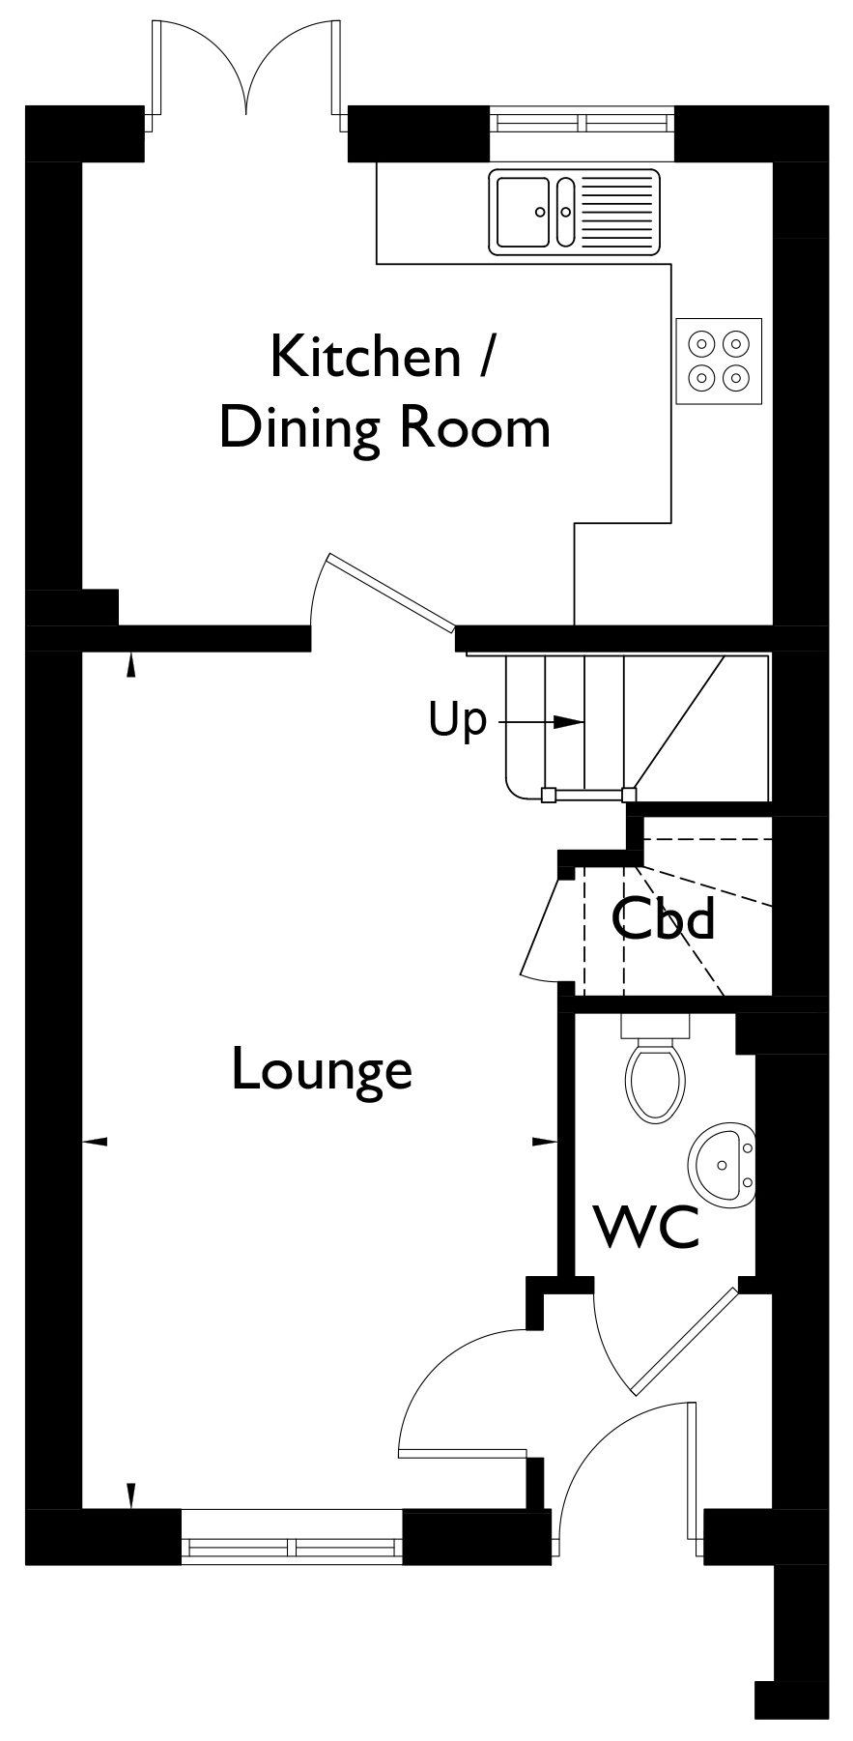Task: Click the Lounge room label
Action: pos(322,1069)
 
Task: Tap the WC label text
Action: pos(646,1226)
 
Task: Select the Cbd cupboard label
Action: pos(664,917)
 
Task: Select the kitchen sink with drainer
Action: pos(575,212)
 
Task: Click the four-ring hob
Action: pos(719,361)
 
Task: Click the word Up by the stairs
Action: pos(457,721)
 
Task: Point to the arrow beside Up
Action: pos(539,721)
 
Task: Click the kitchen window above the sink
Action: pos(583,123)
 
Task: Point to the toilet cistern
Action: pos(655,1025)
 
